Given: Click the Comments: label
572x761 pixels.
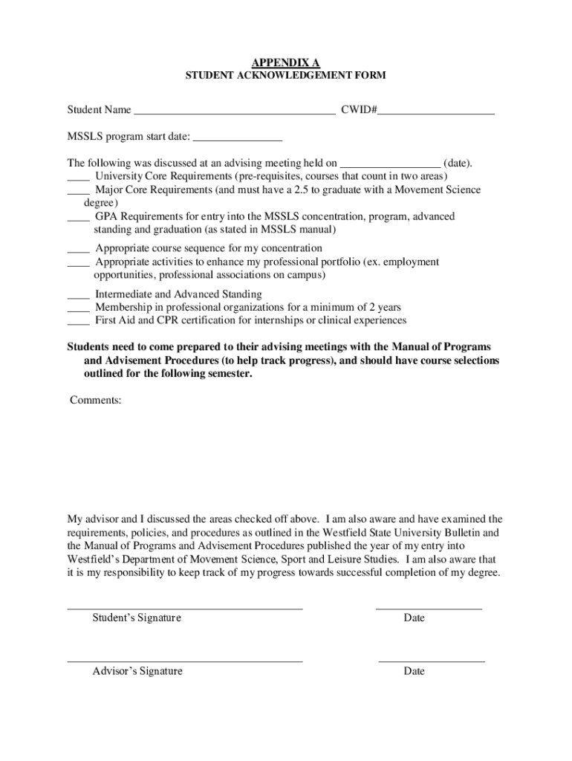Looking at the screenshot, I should point(96,401).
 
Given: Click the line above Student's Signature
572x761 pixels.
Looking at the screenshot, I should point(185,608).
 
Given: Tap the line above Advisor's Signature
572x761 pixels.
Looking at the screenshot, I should point(185,661).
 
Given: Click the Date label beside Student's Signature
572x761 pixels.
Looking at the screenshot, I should point(415,618).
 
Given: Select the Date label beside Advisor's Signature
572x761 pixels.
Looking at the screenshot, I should point(415,671).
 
